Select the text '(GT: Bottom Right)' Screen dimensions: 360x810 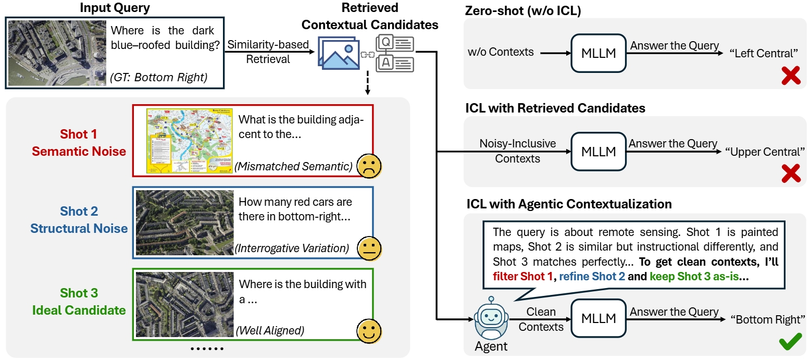click(x=158, y=78)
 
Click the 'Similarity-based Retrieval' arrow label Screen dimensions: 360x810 click(x=268, y=52)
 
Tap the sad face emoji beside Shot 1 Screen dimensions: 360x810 click(x=369, y=166)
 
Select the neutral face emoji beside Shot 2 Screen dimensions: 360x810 click(x=369, y=248)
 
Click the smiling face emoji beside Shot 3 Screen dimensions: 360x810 click(x=369, y=329)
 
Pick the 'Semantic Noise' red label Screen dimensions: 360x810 click(x=79, y=152)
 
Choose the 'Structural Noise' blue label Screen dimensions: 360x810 click(x=79, y=228)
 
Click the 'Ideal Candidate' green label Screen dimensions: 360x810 click(x=79, y=311)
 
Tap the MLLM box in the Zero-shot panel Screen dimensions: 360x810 click(x=599, y=53)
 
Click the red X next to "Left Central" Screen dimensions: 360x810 click(x=791, y=76)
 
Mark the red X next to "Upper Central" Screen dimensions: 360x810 click(x=791, y=173)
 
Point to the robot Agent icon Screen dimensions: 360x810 click(x=491, y=319)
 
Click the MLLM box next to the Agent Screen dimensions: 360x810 click(x=599, y=319)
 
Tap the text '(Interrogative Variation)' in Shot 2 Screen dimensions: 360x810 click(x=292, y=249)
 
